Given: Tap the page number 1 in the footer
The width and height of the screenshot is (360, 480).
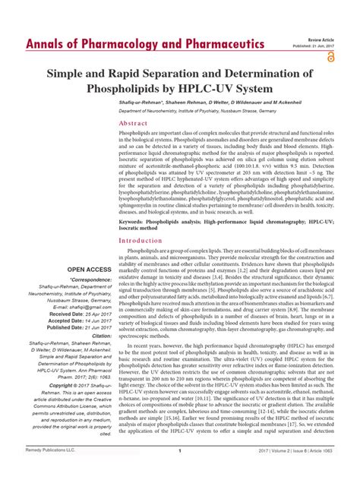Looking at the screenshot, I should [x=179, y=472].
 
